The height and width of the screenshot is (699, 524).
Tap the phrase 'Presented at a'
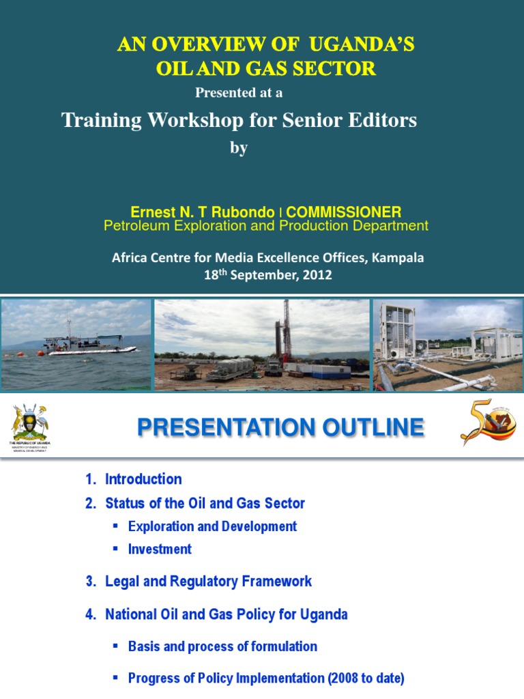coord(239,93)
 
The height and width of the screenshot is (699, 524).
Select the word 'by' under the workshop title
coord(238,148)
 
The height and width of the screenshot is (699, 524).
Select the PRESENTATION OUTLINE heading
coord(280,428)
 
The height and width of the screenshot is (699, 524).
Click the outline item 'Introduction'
coord(143,479)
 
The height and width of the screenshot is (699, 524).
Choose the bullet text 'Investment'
coord(160,550)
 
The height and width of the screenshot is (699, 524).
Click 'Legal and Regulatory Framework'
coord(208,582)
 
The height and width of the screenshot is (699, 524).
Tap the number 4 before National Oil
coord(89,614)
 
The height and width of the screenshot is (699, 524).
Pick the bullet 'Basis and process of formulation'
coord(222,646)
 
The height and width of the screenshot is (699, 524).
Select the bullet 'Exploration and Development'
coord(212,526)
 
